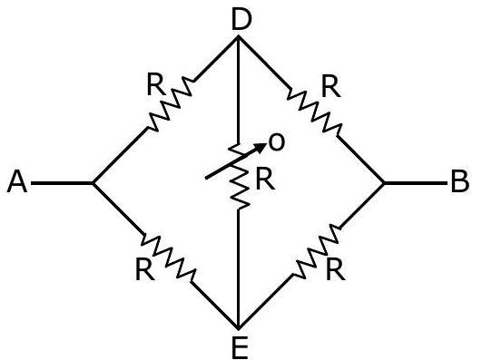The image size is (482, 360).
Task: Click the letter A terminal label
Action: [17, 182]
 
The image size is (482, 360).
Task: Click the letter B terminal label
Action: [460, 182]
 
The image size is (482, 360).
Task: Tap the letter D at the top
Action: [241, 19]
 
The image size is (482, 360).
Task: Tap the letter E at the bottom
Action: [240, 347]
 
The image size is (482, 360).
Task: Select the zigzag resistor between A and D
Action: [171, 102]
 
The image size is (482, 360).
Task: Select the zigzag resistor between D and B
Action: [314, 111]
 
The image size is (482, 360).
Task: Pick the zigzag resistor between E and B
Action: [317, 251]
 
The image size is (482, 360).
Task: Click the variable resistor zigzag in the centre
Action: [239, 176]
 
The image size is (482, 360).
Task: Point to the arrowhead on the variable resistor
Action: [261, 148]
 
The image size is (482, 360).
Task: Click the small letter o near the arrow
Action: [276, 142]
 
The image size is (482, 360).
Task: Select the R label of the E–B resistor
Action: [335, 269]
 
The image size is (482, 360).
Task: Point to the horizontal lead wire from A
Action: [62, 183]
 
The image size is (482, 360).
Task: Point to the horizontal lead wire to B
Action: [416, 183]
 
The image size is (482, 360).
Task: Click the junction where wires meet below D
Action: [239, 37]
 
